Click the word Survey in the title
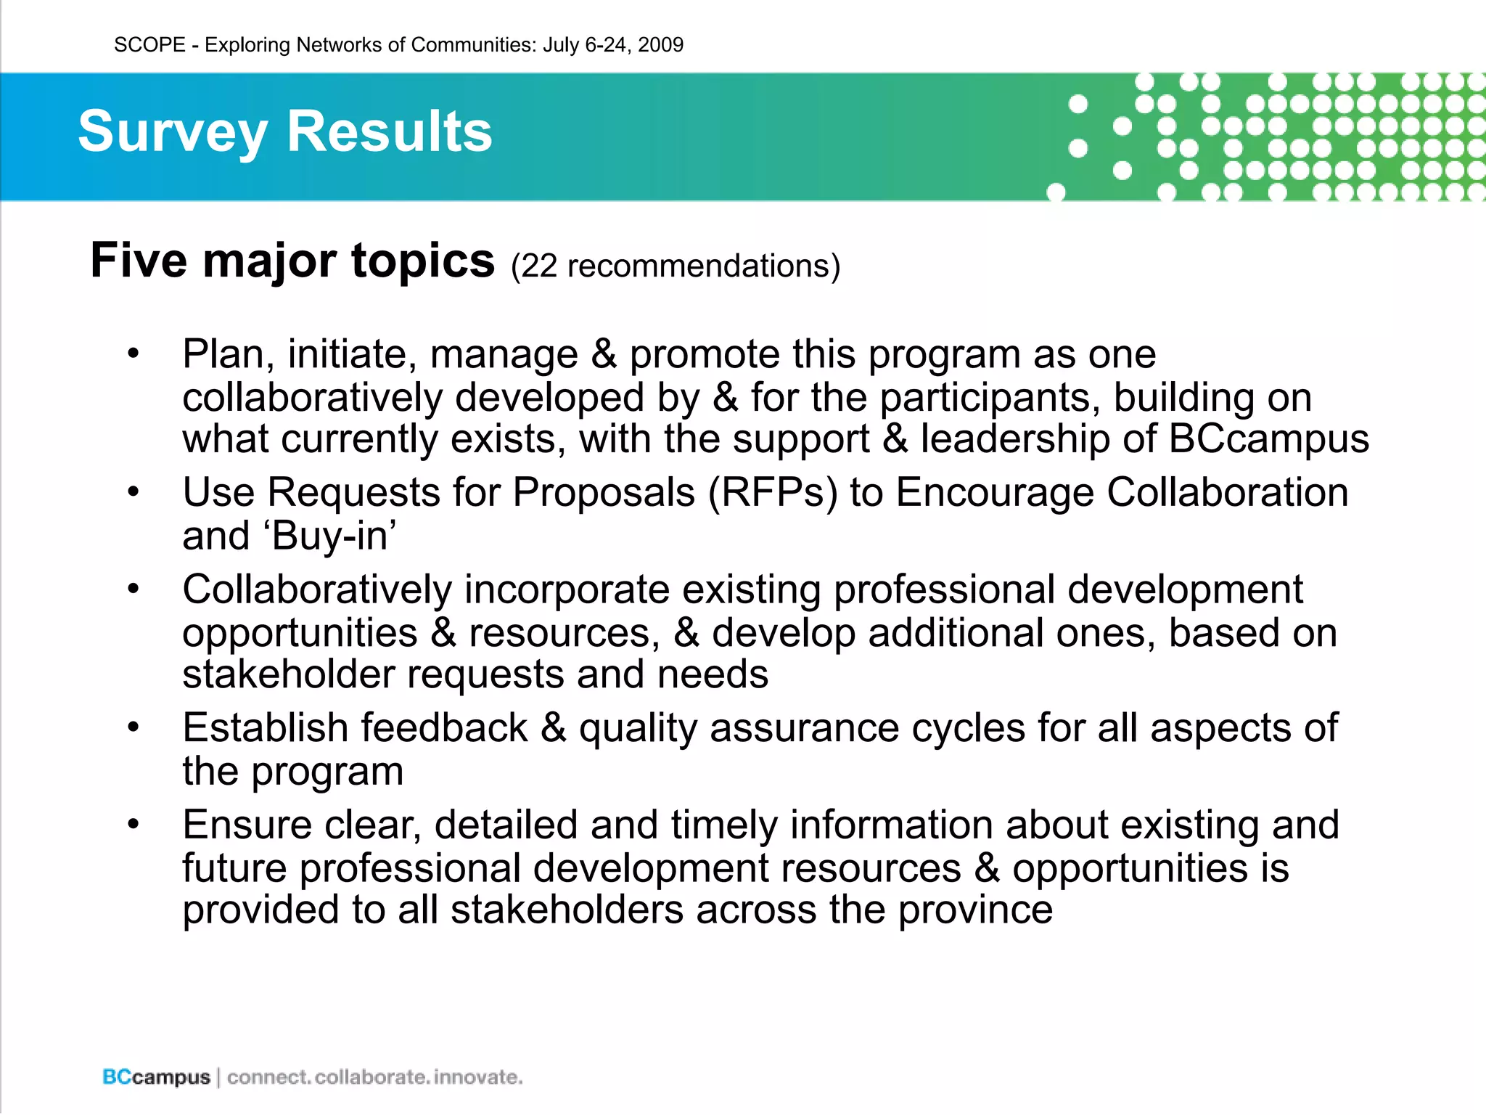click(x=173, y=132)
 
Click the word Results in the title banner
click(x=390, y=132)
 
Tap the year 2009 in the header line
click(x=660, y=45)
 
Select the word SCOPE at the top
click(x=149, y=45)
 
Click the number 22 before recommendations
click(x=538, y=266)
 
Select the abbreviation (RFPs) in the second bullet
click(x=772, y=493)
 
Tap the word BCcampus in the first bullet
click(x=1268, y=439)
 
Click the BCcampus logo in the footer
click(x=156, y=1077)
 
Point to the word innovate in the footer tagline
click(x=478, y=1077)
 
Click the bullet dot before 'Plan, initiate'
click(x=133, y=354)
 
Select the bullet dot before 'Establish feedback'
click(x=133, y=727)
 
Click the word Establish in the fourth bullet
click(x=265, y=727)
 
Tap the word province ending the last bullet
click(x=975, y=910)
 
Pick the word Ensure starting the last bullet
click(x=247, y=825)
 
